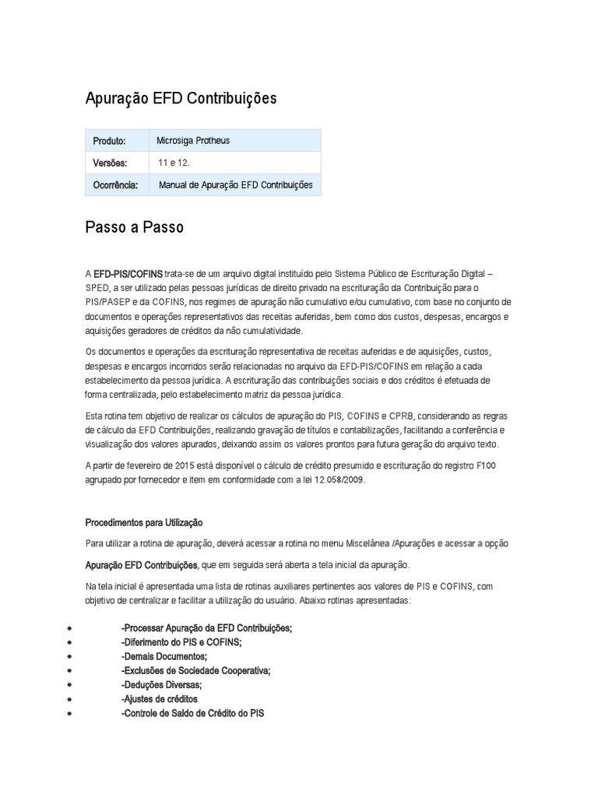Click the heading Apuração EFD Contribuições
tap(181, 100)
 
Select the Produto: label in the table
tap(109, 141)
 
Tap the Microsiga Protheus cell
tap(193, 141)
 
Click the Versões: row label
tap(110, 163)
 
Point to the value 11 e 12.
tap(174, 163)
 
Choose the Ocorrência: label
tap(115, 185)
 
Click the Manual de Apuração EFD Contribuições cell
tap(235, 185)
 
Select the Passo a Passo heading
tap(134, 228)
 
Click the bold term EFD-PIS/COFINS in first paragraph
tap(128, 274)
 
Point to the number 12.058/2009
tap(338, 480)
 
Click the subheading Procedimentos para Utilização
tap(143, 522)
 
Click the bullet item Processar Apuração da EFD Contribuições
tap(207, 628)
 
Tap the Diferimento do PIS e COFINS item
tap(181, 642)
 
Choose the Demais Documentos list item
tap(164, 656)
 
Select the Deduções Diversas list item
tap(162, 684)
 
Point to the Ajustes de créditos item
tap(160, 699)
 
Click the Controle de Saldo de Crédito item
tap(193, 713)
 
